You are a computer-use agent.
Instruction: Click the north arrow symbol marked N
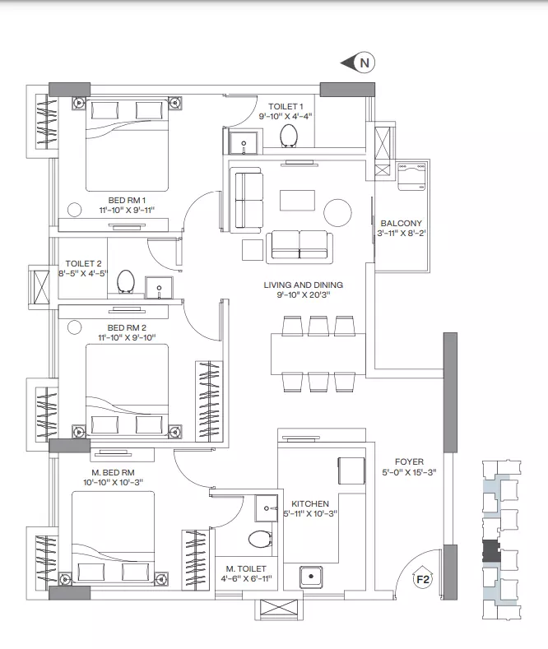[x=359, y=63]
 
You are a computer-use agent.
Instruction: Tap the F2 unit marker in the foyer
[x=423, y=577]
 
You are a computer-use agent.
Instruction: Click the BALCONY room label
[x=401, y=223]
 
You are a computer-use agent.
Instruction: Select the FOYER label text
[x=409, y=461]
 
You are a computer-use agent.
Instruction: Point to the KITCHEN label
[x=310, y=503]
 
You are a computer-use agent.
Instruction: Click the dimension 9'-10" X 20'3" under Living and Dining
[x=304, y=295]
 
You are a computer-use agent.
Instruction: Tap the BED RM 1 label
[x=127, y=201]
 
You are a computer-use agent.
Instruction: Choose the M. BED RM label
[x=113, y=472]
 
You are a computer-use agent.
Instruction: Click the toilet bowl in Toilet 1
[x=289, y=136]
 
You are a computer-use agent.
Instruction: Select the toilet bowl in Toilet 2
[x=125, y=281]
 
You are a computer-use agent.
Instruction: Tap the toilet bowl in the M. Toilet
[x=260, y=540]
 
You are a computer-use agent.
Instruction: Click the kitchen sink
[x=311, y=577]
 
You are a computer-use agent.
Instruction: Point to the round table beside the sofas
[x=337, y=213]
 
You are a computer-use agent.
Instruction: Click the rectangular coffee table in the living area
[x=297, y=201]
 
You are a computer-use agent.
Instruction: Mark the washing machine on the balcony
[x=411, y=176]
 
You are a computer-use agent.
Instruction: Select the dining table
[x=318, y=354]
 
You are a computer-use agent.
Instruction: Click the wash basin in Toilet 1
[x=244, y=143]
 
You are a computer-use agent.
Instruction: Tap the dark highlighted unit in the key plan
[x=491, y=551]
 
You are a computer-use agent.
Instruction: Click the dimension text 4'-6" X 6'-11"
[x=246, y=578]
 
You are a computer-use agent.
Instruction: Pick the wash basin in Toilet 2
[x=159, y=288]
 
